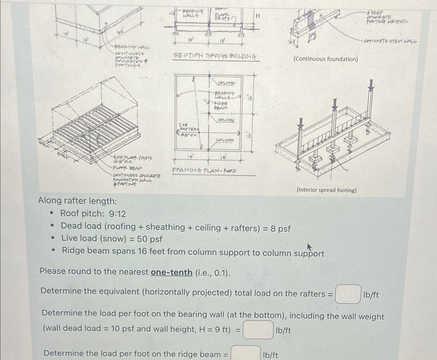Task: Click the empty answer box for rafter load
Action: click(x=348, y=294)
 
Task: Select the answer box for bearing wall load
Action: click(x=258, y=330)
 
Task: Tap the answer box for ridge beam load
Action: click(x=246, y=353)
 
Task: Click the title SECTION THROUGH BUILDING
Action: click(x=215, y=56)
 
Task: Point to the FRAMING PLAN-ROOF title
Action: click(x=204, y=171)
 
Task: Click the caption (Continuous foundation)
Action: click(x=326, y=59)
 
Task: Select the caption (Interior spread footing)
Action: click(x=327, y=190)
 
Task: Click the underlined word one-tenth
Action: click(x=172, y=272)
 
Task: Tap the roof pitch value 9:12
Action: click(x=117, y=214)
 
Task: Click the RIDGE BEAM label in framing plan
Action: click(x=220, y=106)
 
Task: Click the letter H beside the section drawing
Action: click(x=258, y=16)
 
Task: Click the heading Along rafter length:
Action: click(x=78, y=201)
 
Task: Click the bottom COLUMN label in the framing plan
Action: click(x=225, y=140)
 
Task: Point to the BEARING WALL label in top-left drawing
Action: click(x=132, y=47)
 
